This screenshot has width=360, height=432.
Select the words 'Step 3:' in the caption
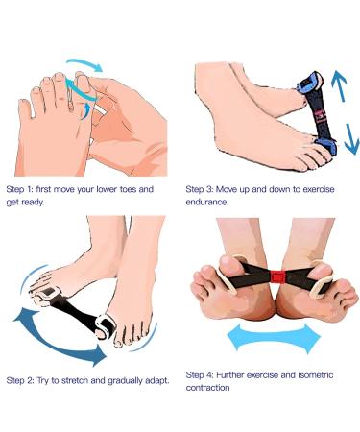(x=203, y=189)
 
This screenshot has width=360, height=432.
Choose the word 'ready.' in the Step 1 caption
(x=39, y=202)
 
